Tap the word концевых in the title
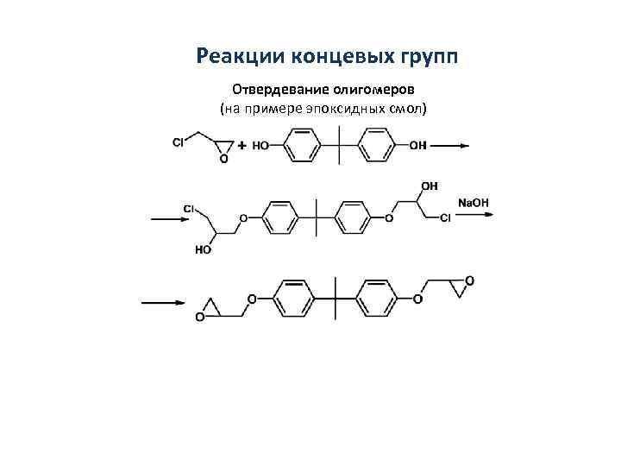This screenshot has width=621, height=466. point(323,56)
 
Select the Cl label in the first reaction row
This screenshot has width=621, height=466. point(179,143)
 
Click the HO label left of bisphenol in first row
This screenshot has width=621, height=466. point(260,146)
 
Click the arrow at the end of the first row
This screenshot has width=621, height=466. point(449,146)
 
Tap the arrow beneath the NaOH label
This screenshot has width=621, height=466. point(475,215)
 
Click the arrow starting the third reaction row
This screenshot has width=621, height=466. point(163,302)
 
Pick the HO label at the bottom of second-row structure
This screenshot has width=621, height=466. point(204,250)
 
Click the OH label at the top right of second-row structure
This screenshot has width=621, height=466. point(429,186)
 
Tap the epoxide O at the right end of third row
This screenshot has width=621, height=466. point(469,281)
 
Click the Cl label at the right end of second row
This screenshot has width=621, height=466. point(445,218)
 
